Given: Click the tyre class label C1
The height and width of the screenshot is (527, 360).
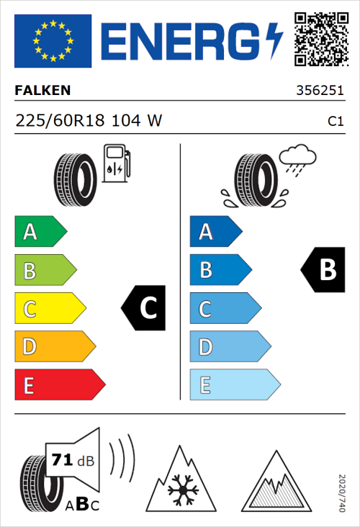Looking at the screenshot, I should coord(336,122).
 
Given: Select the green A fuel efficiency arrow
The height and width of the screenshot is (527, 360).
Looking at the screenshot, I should coord(40,232).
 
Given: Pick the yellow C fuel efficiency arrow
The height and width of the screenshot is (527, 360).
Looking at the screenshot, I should coord(50,308).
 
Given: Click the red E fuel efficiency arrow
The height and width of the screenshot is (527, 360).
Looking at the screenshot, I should coord(59,384).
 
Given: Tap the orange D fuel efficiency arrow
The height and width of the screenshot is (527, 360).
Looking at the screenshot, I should coord(54,346).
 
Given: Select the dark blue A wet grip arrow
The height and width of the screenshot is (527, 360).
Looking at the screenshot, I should coord(215,232).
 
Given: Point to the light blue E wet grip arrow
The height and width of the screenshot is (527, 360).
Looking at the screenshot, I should coord(234,384).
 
